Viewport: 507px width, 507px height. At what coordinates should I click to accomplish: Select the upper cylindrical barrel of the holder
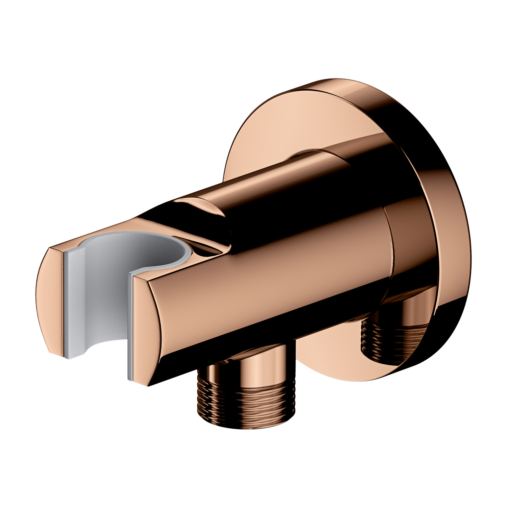click(x=287, y=189)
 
